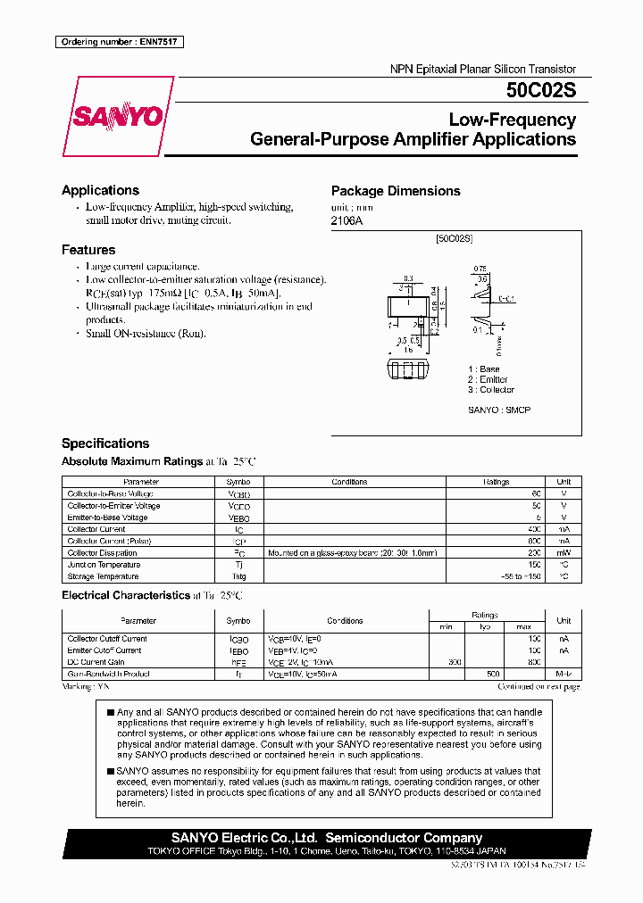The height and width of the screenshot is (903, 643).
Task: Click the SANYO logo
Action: click(118, 116)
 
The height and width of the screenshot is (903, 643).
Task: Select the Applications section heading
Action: click(100, 190)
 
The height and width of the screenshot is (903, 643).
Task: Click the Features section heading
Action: click(88, 250)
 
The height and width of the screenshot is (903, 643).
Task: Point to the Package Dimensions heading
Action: click(396, 191)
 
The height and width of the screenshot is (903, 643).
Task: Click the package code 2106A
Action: click(347, 220)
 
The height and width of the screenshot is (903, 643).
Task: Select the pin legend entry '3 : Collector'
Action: click(491, 390)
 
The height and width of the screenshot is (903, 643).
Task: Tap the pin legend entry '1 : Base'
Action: click(484, 369)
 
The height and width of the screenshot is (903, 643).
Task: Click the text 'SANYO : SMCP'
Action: click(498, 410)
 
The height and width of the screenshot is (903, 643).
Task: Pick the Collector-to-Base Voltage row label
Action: click(110, 493)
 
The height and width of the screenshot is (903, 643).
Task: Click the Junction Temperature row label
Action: click(104, 565)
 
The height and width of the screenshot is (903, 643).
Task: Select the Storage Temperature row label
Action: click(103, 576)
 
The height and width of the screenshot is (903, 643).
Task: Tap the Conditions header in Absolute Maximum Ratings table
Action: click(349, 482)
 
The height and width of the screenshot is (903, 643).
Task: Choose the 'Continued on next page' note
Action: click(539, 687)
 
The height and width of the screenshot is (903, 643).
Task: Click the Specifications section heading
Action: click(105, 443)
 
